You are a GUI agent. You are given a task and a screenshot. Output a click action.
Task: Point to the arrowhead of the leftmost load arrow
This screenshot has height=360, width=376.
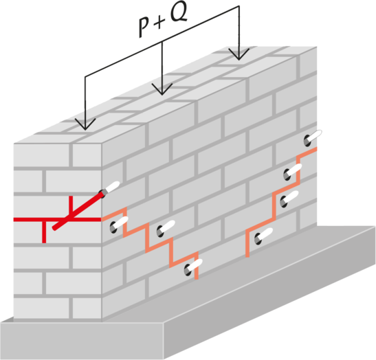85,124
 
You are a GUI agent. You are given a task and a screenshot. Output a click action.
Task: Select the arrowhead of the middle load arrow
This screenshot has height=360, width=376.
162,89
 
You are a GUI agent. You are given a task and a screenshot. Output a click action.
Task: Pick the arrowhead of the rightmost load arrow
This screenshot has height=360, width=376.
239,54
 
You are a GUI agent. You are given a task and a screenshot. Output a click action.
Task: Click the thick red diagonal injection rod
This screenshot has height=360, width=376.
78,211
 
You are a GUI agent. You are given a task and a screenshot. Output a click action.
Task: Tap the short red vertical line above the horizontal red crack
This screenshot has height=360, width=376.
71,207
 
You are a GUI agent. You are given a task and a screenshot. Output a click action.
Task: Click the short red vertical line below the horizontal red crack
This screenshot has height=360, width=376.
44,232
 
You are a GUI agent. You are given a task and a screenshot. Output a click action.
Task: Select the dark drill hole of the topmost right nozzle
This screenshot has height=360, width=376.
307,141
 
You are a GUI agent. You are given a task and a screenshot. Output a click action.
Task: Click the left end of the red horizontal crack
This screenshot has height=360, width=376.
14,220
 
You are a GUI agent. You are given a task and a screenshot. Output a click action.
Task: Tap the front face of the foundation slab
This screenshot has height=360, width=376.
82,341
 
